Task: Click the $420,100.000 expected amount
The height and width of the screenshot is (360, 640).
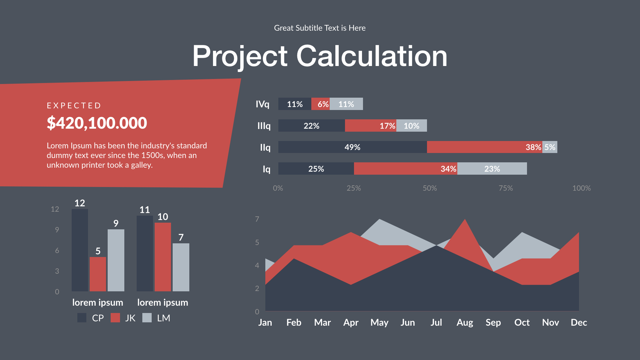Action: click(x=97, y=123)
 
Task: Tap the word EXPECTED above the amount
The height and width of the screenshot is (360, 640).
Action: click(x=74, y=106)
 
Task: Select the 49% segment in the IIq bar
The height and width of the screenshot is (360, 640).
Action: click(x=352, y=147)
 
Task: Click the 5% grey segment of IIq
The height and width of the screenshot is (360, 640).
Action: click(x=550, y=147)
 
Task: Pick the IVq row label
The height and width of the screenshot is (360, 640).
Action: click(x=262, y=104)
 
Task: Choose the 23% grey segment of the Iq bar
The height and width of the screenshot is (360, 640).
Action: click(x=492, y=169)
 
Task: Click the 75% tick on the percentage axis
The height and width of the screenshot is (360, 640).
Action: click(x=505, y=188)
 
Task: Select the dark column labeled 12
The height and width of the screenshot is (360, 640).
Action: click(x=80, y=250)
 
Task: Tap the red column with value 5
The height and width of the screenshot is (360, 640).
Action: click(x=98, y=274)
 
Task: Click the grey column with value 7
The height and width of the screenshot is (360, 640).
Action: click(x=181, y=267)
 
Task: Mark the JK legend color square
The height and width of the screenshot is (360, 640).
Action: click(x=115, y=318)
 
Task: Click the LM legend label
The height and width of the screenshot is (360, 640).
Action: click(x=163, y=318)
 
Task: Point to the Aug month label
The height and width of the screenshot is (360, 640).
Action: click(x=465, y=322)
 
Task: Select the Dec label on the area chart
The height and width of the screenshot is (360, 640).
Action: click(x=579, y=322)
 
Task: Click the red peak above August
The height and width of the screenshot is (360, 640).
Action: click(x=465, y=227)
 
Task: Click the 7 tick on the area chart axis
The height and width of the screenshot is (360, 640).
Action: click(x=257, y=219)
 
